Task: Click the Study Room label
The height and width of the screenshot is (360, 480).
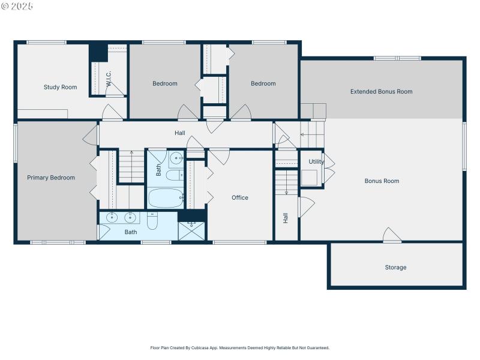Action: pos(60,87)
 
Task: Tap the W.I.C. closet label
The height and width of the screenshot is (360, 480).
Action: pos(109,79)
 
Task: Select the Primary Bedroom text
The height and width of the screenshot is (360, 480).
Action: pos(51,178)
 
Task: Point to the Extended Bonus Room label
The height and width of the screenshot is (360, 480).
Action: pos(382,92)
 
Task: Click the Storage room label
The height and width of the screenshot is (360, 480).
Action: pos(395,267)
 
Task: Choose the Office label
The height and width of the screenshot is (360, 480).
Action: pos(240,197)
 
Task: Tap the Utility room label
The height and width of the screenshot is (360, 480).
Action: pos(316,162)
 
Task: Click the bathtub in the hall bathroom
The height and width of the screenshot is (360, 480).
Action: pos(166,197)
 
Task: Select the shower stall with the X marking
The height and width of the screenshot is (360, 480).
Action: pos(191,230)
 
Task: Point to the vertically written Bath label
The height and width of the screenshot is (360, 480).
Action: pos(159,170)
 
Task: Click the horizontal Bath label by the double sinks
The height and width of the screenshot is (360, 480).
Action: pos(131,232)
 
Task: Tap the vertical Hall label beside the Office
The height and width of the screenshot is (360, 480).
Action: pos(286,218)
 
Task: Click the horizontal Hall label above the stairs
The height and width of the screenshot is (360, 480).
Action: pos(180,133)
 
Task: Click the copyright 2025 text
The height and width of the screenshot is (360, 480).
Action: pos(17,5)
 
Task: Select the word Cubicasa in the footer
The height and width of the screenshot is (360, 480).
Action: pos(198,347)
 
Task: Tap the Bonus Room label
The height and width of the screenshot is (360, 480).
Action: pos(382,181)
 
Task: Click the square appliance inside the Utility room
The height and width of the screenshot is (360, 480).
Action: pos(309,178)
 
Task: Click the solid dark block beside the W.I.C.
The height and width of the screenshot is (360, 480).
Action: pos(98,52)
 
